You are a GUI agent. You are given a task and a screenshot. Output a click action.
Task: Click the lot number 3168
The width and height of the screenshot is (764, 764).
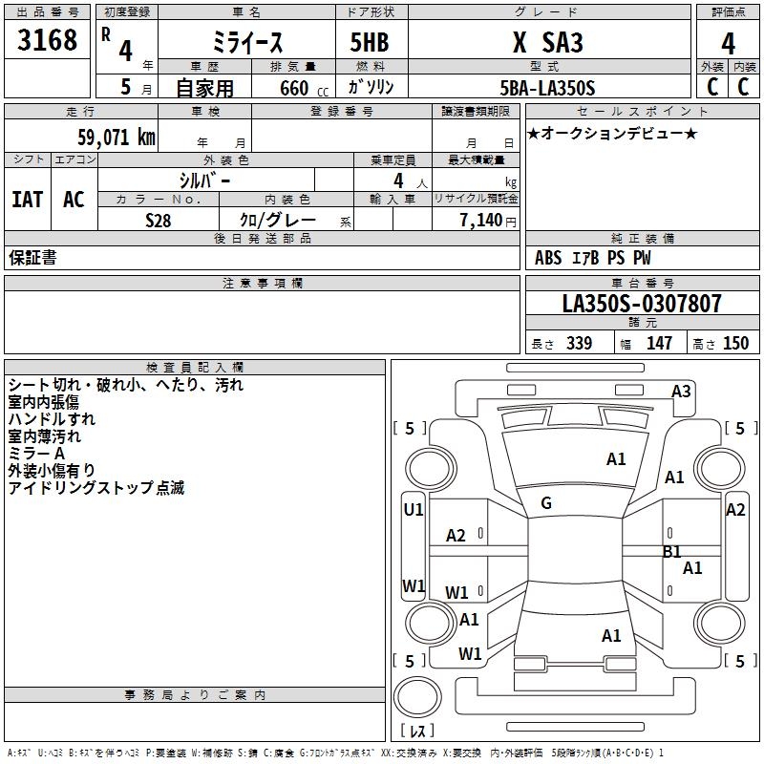point(48,41)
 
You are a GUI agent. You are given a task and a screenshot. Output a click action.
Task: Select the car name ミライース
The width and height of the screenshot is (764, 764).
point(246,42)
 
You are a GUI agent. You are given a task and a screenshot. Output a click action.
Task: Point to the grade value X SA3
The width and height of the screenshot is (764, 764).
point(547,42)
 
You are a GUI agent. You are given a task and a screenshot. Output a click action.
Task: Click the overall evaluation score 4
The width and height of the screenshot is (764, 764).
point(729,43)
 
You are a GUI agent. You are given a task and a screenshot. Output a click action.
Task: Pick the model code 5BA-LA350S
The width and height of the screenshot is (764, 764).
point(547,88)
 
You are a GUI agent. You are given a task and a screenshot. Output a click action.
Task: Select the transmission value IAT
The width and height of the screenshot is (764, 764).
point(27,199)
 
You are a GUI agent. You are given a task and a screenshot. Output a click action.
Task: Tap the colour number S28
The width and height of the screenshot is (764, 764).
point(159,220)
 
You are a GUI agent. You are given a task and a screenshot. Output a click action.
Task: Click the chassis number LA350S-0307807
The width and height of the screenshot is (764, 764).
point(642,305)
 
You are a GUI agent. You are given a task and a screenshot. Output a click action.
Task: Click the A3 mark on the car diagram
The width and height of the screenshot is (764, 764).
point(681,391)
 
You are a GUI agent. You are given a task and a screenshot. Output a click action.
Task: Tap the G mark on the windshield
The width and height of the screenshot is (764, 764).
point(546,503)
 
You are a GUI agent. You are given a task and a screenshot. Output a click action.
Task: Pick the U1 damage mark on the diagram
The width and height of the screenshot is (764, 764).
point(413,510)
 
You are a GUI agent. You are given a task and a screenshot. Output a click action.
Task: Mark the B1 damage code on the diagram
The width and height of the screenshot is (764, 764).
point(672,551)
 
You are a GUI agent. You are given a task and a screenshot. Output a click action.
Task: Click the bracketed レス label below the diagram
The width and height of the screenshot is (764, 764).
point(416,732)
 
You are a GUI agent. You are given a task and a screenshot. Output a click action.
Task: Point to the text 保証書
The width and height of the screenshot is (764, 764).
point(32,258)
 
